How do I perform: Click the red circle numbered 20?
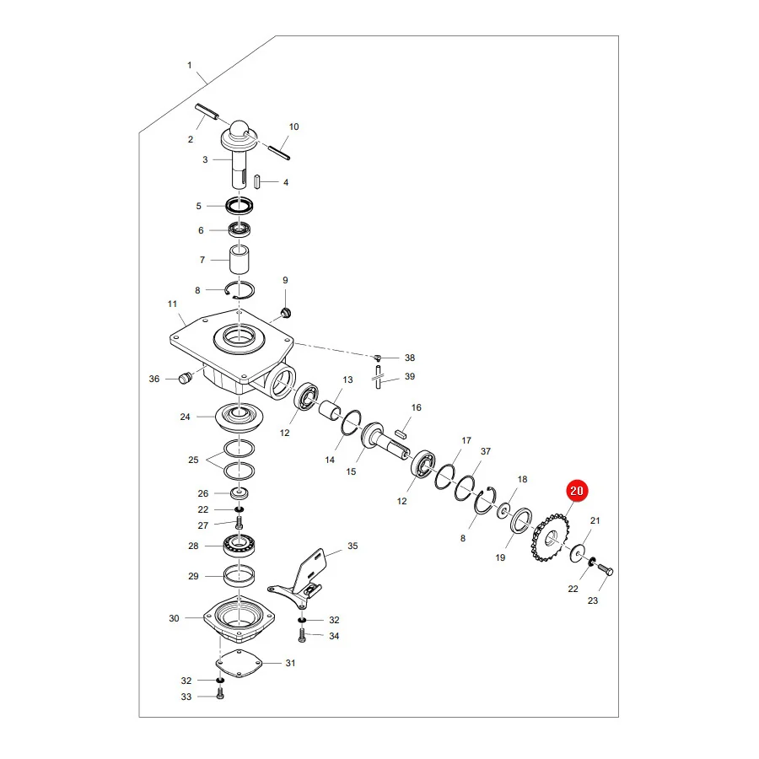(577, 491)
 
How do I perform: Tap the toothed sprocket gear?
(551, 538)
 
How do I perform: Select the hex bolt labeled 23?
(606, 570)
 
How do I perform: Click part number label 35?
(353, 546)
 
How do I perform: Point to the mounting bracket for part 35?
(299, 578)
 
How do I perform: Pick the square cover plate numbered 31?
(240, 664)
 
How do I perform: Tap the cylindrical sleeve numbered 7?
(239, 260)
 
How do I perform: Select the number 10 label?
(293, 126)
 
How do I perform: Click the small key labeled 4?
(257, 181)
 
